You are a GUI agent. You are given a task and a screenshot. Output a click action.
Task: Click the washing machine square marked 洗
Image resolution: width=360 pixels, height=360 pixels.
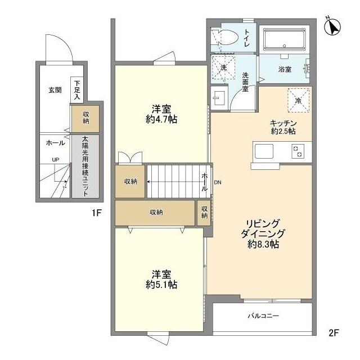[x=224, y=67]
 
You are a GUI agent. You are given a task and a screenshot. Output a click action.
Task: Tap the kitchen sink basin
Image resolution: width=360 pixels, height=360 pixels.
[x=264, y=151]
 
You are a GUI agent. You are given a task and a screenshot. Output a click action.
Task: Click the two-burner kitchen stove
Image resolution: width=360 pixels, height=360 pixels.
[x=298, y=150]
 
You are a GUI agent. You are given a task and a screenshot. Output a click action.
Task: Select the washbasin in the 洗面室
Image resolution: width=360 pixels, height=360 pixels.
[x=218, y=98]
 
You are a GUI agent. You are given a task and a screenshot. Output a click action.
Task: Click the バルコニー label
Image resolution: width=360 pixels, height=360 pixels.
[x=263, y=316]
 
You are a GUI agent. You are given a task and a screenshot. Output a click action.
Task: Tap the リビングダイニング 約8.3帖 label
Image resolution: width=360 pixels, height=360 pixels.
[x=263, y=233]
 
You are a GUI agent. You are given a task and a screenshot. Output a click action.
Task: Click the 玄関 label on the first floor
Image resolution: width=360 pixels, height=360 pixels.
[x=55, y=89]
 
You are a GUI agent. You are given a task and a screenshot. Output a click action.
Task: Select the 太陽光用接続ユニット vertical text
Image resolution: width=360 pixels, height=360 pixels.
[x=85, y=165]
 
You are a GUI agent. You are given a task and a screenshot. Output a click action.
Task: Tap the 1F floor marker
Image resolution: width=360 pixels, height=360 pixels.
[x=97, y=213]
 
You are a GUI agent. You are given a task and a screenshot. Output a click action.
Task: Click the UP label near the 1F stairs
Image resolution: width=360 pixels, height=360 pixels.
[x=55, y=160]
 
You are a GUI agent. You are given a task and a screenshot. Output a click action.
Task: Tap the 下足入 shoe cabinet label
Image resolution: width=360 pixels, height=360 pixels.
[x=77, y=89]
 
